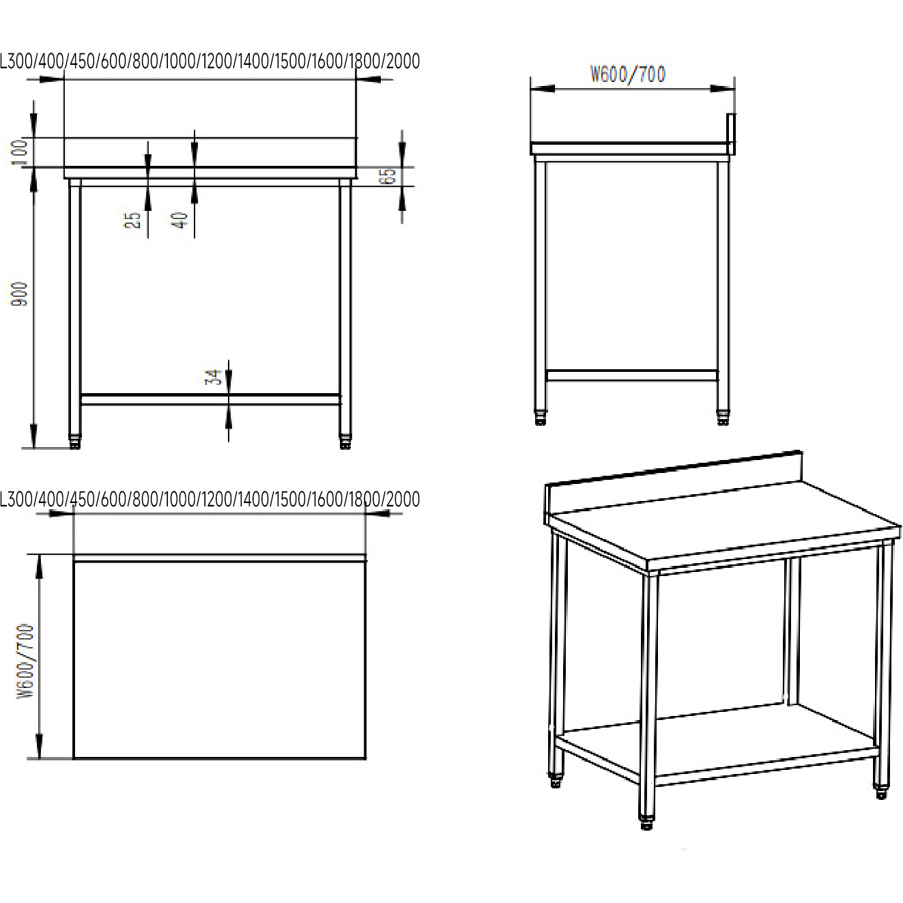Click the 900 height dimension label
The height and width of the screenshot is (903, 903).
point(19,293)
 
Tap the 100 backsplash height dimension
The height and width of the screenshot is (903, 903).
point(19,152)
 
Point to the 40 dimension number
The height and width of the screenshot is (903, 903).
point(180,220)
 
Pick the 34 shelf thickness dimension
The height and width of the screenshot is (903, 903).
point(213,377)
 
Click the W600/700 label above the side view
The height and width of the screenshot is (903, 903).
point(628,74)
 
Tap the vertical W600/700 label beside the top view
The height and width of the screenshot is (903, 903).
point(26,661)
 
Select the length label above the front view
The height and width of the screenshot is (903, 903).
point(210,61)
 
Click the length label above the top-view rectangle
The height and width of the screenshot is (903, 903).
point(210,500)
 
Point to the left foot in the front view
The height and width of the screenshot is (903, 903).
point(75,442)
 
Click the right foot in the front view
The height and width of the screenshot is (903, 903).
point(345,442)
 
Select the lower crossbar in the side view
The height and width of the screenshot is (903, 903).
point(631,375)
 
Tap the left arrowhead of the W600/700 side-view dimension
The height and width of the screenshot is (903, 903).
point(543,89)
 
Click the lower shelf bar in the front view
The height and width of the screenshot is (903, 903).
point(210,399)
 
